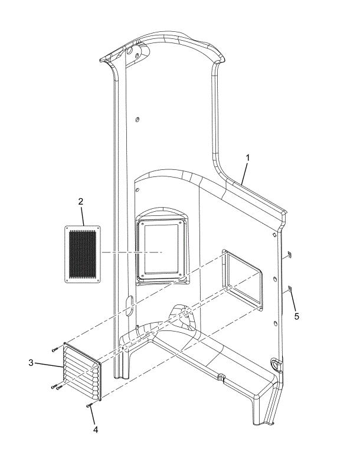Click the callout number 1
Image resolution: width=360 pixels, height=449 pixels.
[248, 158]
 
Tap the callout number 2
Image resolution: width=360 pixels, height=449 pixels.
[81, 201]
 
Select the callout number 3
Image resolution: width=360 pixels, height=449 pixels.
[31, 363]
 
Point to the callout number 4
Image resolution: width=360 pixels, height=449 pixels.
[96, 430]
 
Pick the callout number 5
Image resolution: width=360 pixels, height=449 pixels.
[297, 316]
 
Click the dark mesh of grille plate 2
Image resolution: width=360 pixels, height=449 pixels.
[83, 254]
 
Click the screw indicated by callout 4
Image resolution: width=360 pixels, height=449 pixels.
[89, 405]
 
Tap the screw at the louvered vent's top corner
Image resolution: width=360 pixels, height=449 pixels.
[55, 349]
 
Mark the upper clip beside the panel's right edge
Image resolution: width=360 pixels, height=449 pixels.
[289, 254]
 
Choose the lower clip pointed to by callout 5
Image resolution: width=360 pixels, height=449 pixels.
[289, 289]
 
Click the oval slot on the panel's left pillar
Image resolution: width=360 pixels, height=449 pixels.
[129, 306]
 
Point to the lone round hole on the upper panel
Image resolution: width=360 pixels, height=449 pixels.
[138, 119]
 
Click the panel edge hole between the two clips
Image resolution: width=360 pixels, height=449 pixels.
[274, 279]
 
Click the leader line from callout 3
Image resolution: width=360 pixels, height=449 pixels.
[49, 365]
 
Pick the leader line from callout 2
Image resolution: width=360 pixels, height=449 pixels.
[83, 216]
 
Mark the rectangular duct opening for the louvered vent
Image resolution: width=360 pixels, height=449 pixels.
[243, 279]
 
